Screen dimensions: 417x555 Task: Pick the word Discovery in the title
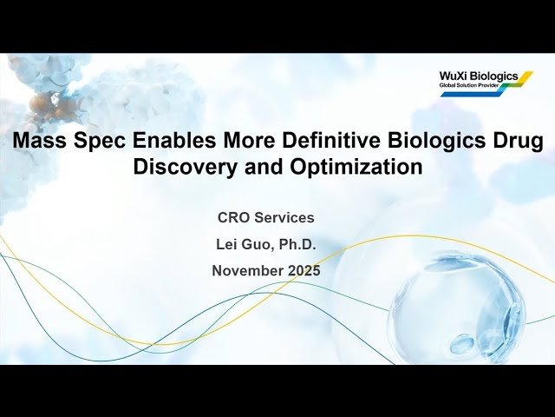[x=180, y=168]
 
